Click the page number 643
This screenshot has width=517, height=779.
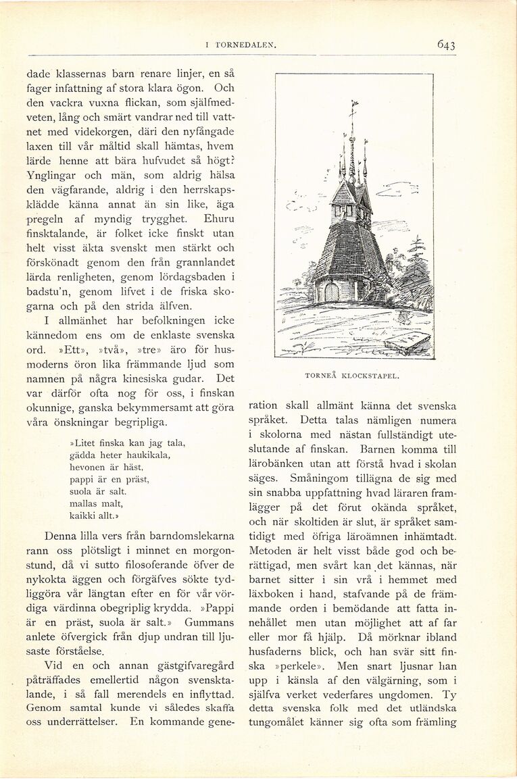[446, 45]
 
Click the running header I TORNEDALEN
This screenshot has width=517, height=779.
[241, 45]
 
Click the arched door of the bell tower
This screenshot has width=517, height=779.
[331, 292]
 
